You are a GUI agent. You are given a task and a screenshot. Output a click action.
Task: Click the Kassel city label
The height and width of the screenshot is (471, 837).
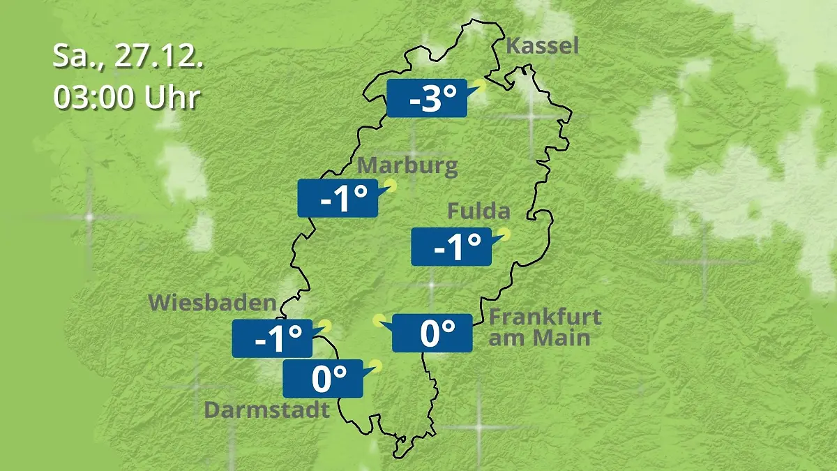tap(542, 47)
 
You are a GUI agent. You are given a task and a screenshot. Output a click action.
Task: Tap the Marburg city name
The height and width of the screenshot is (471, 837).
tap(407, 166)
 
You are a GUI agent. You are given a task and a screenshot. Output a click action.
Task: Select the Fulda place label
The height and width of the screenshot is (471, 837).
tap(478, 211)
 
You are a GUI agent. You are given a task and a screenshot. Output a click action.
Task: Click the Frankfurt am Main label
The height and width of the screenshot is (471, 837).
tap(545, 327)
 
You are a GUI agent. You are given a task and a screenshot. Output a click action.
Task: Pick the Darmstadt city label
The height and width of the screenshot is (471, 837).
tap(266, 410)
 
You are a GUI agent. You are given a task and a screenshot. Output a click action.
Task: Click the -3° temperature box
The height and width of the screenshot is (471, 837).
tap(426, 98)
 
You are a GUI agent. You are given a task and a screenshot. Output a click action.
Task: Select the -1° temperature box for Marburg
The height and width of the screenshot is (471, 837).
tap(338, 198)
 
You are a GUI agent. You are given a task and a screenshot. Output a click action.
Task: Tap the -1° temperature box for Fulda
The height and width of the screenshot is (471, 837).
tap(451, 246)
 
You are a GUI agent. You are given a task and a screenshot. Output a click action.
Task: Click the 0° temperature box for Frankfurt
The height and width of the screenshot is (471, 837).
tap(432, 333)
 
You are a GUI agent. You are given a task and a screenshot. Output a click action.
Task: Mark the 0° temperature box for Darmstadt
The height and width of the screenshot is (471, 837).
tap(322, 378)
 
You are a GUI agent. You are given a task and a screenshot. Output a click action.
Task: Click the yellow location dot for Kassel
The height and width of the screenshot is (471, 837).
tap(479, 87)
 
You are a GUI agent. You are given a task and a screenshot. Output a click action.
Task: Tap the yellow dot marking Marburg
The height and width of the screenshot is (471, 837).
tap(391, 186)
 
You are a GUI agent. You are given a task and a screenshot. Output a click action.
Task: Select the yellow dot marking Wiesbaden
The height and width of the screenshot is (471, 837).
tap(325, 326)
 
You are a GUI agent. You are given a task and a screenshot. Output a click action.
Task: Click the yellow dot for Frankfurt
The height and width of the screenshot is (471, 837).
tap(379, 320)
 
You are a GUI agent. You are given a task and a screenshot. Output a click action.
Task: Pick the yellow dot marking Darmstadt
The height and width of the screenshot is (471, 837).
tap(377, 365)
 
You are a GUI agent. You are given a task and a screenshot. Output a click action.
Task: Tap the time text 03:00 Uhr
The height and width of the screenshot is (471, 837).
tap(127, 97)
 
